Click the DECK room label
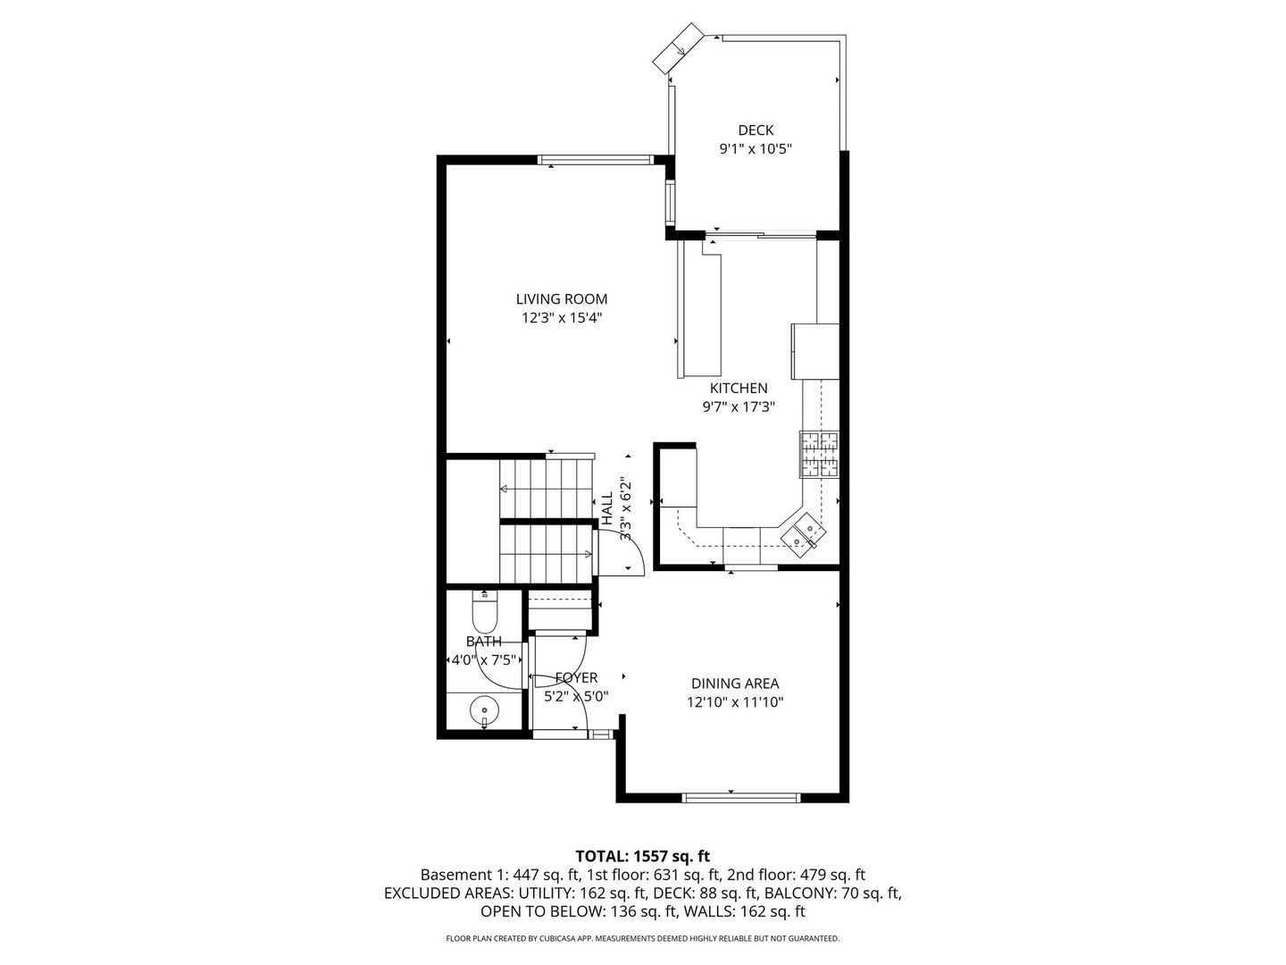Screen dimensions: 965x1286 pyautogui.click(x=756, y=130)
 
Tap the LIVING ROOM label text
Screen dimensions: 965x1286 pyautogui.click(x=561, y=299)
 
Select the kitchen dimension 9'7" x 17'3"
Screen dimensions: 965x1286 pyautogui.click(x=738, y=407)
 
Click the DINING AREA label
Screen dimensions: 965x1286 pyautogui.click(x=735, y=684)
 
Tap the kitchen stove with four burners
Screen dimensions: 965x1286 pyautogui.click(x=819, y=455)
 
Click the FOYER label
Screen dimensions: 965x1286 pyautogui.click(x=576, y=678)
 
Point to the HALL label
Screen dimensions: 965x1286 pyautogui.click(x=607, y=507)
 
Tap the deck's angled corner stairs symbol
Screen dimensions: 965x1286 pyautogui.click(x=679, y=50)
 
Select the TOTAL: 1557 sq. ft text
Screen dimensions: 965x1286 pyautogui.click(x=643, y=856)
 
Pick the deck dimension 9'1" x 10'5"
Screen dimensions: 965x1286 pyautogui.click(x=756, y=149)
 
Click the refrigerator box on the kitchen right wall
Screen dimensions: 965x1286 pyautogui.click(x=814, y=352)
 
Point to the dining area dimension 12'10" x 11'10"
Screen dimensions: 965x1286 pyautogui.click(x=735, y=702)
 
